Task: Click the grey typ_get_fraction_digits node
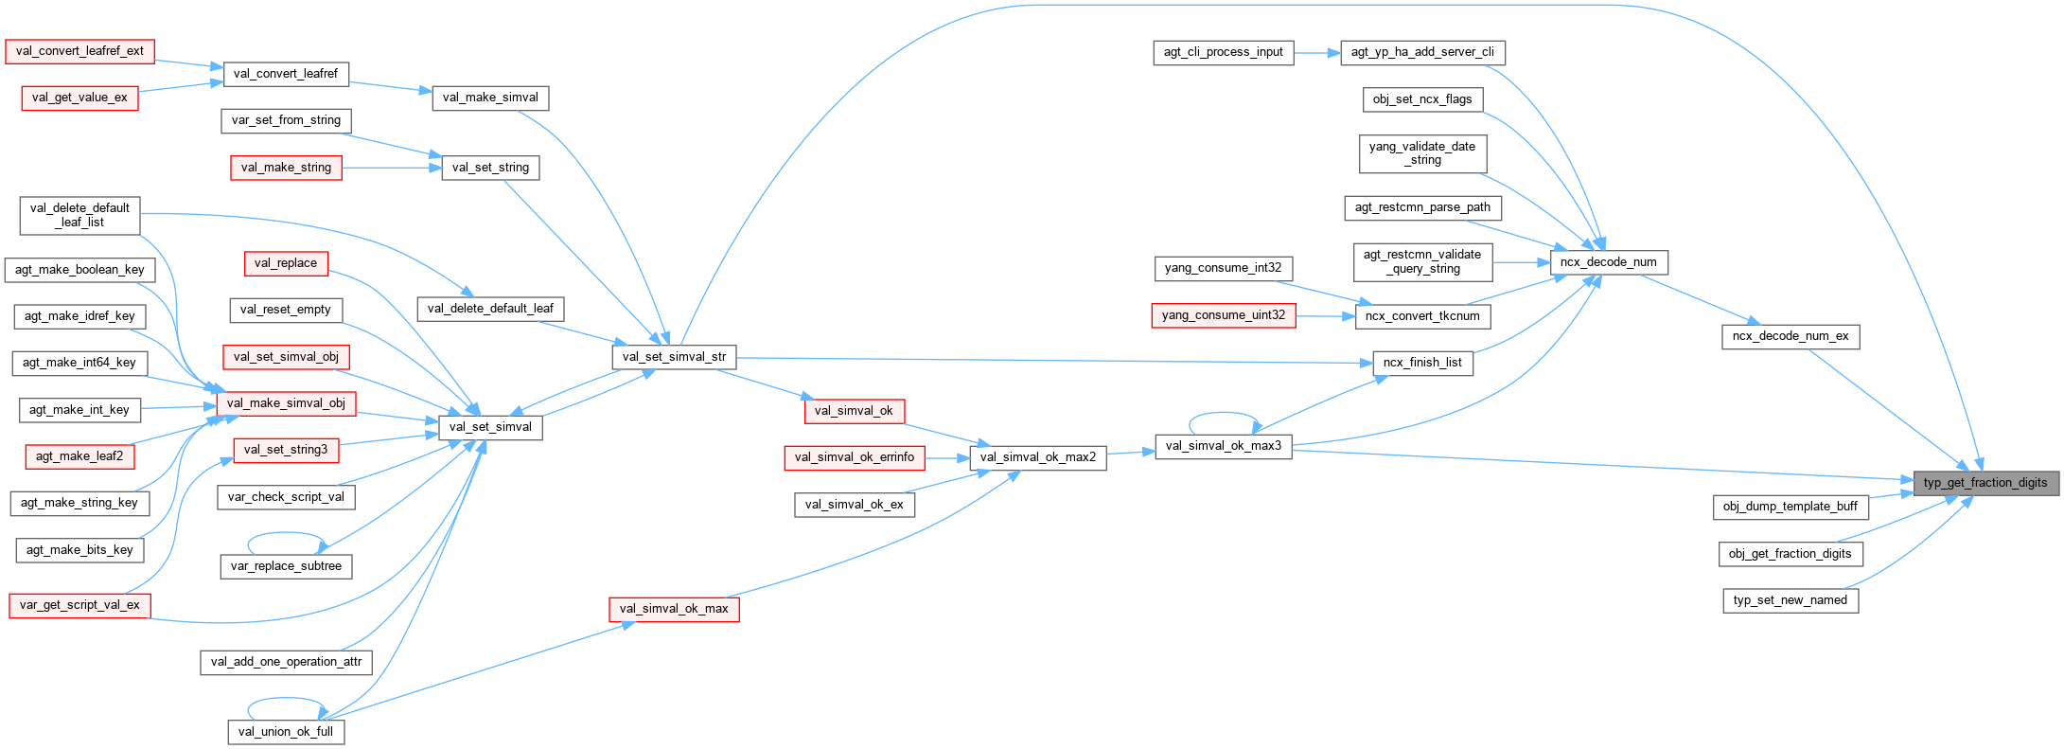click(x=1985, y=483)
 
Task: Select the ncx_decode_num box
click(x=1608, y=262)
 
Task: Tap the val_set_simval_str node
click(x=674, y=357)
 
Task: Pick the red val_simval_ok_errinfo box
click(x=854, y=457)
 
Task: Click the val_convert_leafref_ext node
click(x=79, y=51)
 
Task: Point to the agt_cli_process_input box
click(x=1223, y=52)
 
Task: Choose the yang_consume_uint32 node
click(x=1223, y=315)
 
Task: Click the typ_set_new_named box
click(x=1790, y=600)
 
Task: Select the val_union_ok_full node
click(x=285, y=732)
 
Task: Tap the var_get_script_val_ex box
click(x=79, y=605)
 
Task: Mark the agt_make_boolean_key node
click(x=79, y=270)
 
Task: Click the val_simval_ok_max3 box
click(x=1223, y=446)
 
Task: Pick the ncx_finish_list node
click(x=1421, y=363)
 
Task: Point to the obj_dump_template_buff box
click(x=1790, y=507)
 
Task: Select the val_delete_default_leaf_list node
click(x=79, y=215)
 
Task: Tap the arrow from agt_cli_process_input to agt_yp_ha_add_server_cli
click(x=1317, y=53)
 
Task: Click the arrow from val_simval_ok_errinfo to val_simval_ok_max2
click(x=947, y=458)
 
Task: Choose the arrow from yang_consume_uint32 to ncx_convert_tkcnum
click(x=1325, y=316)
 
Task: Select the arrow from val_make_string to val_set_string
click(x=391, y=169)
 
